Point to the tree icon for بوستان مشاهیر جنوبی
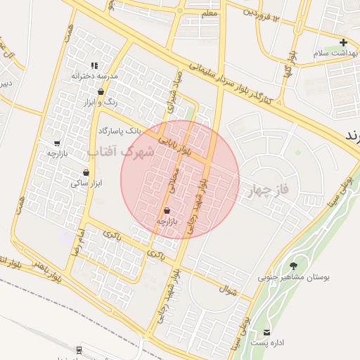tap(293, 266)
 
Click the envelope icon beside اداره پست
tap(266, 332)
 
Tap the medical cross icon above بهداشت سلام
tap(343, 42)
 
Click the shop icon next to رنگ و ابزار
tap(101, 91)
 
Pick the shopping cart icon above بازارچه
tap(57, 143)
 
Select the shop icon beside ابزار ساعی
tap(86, 172)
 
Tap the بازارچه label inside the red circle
tap(167, 221)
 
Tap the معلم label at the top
tap(210, 13)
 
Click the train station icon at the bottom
tap(77, 349)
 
